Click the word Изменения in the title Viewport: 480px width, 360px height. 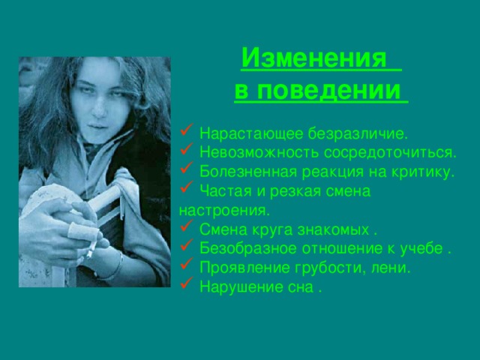tap(314, 58)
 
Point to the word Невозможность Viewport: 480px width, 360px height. tap(251, 153)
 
